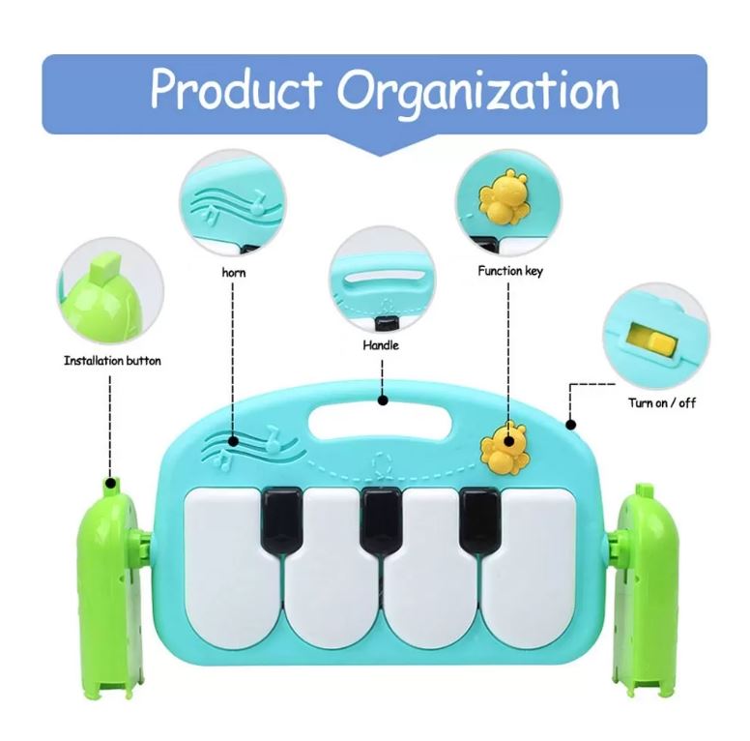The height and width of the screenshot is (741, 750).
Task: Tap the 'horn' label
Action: [x=233, y=273]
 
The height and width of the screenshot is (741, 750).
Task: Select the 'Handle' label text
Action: [x=380, y=345]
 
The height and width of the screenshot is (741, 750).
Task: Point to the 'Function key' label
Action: [x=509, y=272]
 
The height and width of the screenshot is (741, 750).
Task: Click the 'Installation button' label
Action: [x=112, y=361]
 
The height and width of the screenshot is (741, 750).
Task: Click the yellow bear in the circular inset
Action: [x=505, y=198]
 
